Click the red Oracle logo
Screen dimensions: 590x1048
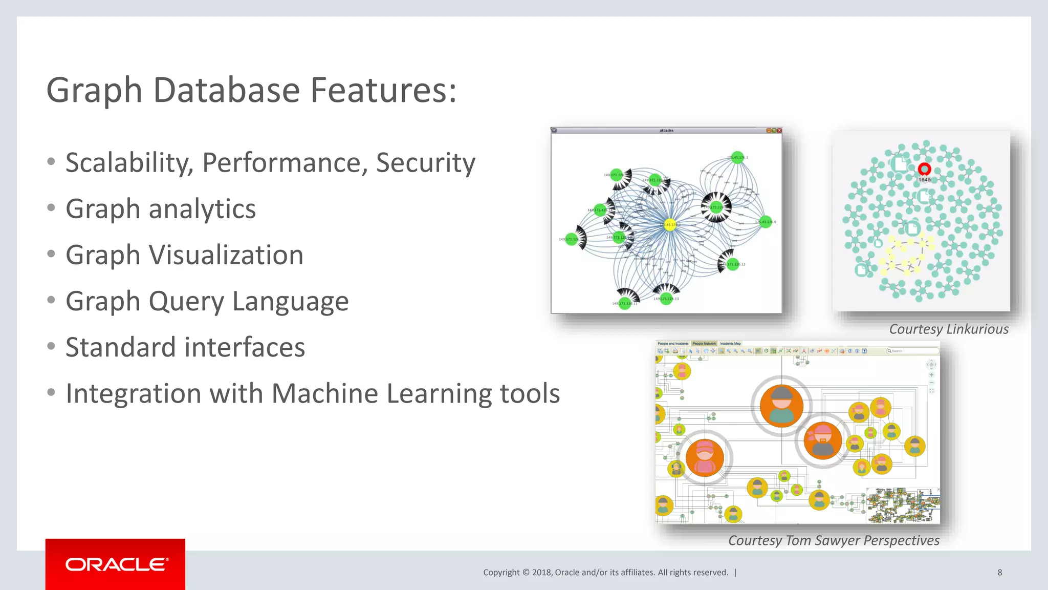point(116,564)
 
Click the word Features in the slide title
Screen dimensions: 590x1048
point(383,90)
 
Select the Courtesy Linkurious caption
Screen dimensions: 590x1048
point(948,329)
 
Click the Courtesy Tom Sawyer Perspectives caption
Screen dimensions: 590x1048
point(834,540)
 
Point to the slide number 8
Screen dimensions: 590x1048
point(999,573)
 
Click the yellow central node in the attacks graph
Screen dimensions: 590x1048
point(670,224)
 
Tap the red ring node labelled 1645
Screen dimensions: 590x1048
point(924,169)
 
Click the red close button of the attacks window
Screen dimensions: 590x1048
point(779,131)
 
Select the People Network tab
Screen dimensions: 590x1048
point(704,344)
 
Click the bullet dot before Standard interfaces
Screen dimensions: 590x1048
point(51,347)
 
